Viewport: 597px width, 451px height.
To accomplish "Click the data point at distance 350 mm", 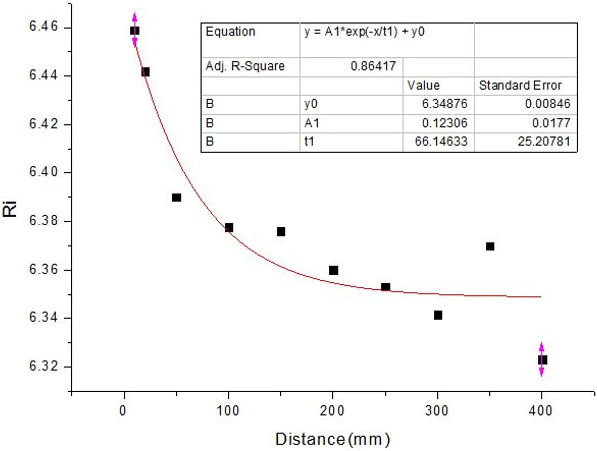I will point(490,247).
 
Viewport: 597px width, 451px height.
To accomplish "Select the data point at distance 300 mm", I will point(438,315).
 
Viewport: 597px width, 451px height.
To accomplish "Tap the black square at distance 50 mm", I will point(177,198).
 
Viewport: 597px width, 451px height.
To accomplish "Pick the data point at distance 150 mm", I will point(281,232).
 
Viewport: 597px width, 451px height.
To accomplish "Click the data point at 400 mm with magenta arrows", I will point(542,360).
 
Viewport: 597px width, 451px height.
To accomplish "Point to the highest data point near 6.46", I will point(135,31).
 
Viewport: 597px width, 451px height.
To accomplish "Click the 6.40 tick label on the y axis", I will point(43,172).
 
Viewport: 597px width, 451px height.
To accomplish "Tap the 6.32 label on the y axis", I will point(43,366).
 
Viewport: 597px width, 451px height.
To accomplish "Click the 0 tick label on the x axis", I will point(123,411).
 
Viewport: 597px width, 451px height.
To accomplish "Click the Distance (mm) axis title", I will point(332,439).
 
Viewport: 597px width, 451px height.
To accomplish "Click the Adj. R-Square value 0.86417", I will point(373,66).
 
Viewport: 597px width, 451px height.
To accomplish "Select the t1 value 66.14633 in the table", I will point(441,142).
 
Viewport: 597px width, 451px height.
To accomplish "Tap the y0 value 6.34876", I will point(444,104).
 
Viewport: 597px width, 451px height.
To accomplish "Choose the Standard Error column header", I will point(520,86).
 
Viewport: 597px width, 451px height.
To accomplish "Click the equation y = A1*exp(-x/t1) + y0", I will point(364,32).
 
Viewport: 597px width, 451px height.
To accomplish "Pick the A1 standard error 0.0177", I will point(551,123).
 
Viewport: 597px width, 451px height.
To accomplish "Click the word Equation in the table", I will point(230,32).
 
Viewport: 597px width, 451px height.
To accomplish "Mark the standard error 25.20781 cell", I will point(544,142).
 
